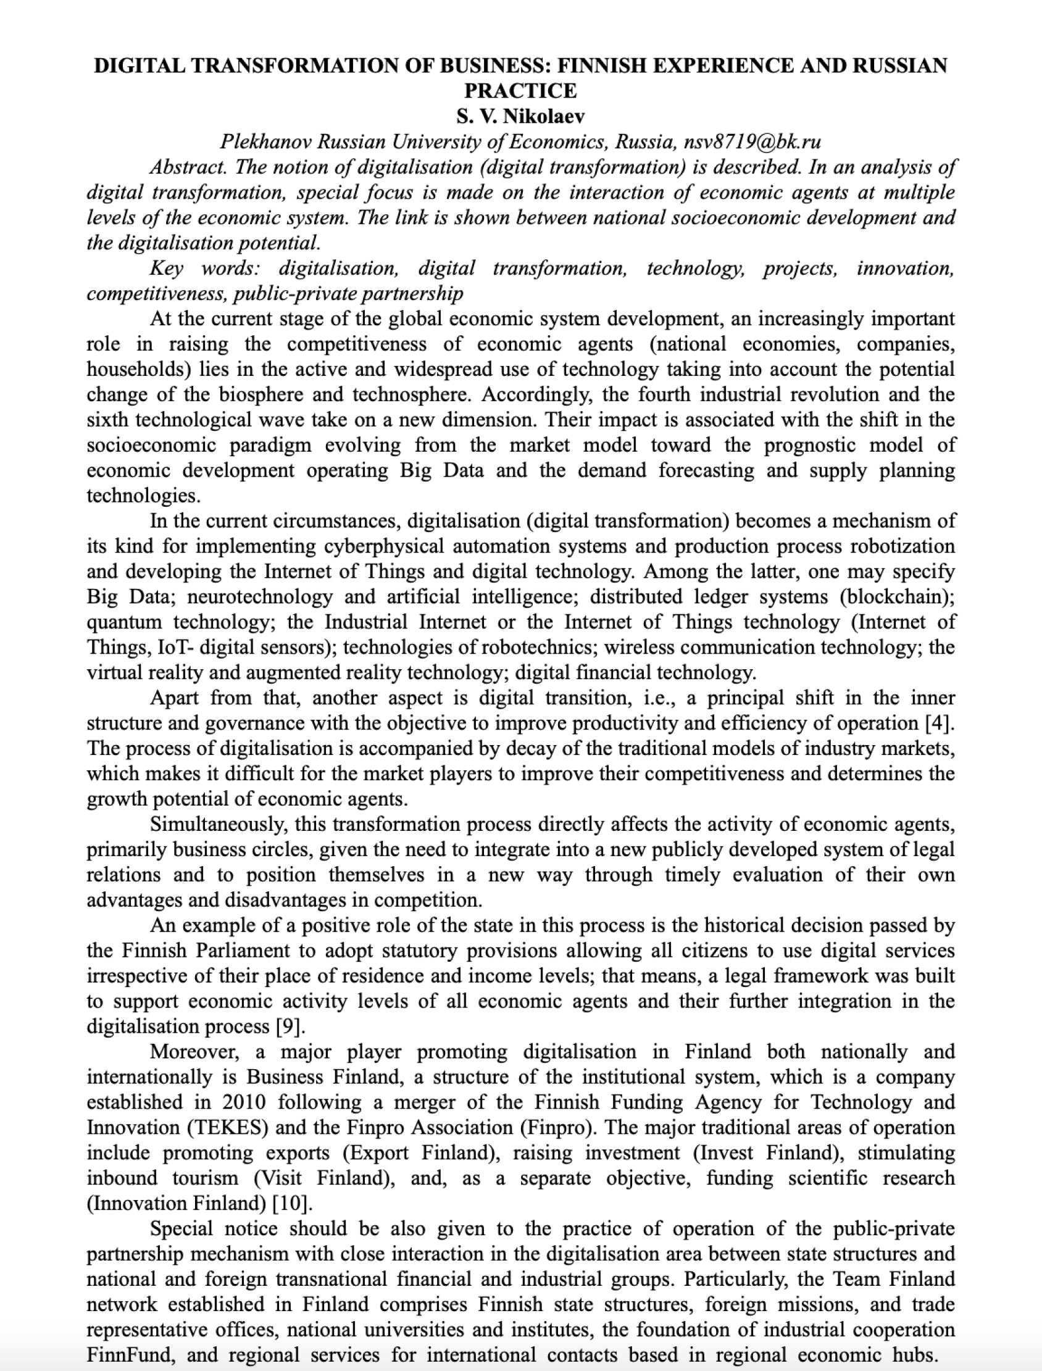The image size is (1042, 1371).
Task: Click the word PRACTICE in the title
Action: click(520, 91)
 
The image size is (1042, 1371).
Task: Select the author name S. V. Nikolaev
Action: click(520, 117)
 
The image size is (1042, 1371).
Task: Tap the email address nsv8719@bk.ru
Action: click(752, 142)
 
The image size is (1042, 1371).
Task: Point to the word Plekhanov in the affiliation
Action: click(265, 142)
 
